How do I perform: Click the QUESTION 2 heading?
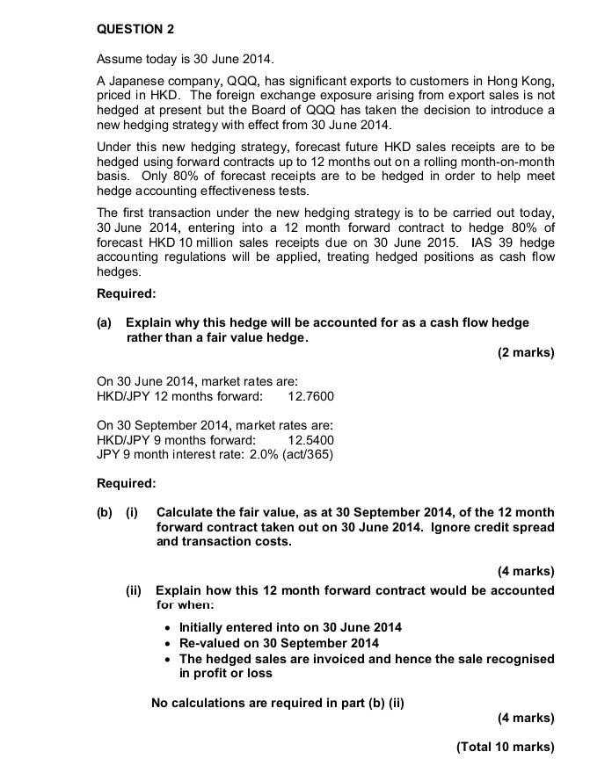(x=135, y=29)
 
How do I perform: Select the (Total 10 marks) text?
(x=505, y=747)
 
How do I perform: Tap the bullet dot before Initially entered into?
(x=167, y=627)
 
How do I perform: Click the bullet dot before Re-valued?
(x=167, y=643)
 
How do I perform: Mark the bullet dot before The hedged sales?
(x=167, y=659)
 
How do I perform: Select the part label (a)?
(x=105, y=322)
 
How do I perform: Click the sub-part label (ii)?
(x=135, y=590)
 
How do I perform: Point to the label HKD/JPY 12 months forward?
(x=179, y=396)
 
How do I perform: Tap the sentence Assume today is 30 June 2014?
(x=185, y=59)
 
